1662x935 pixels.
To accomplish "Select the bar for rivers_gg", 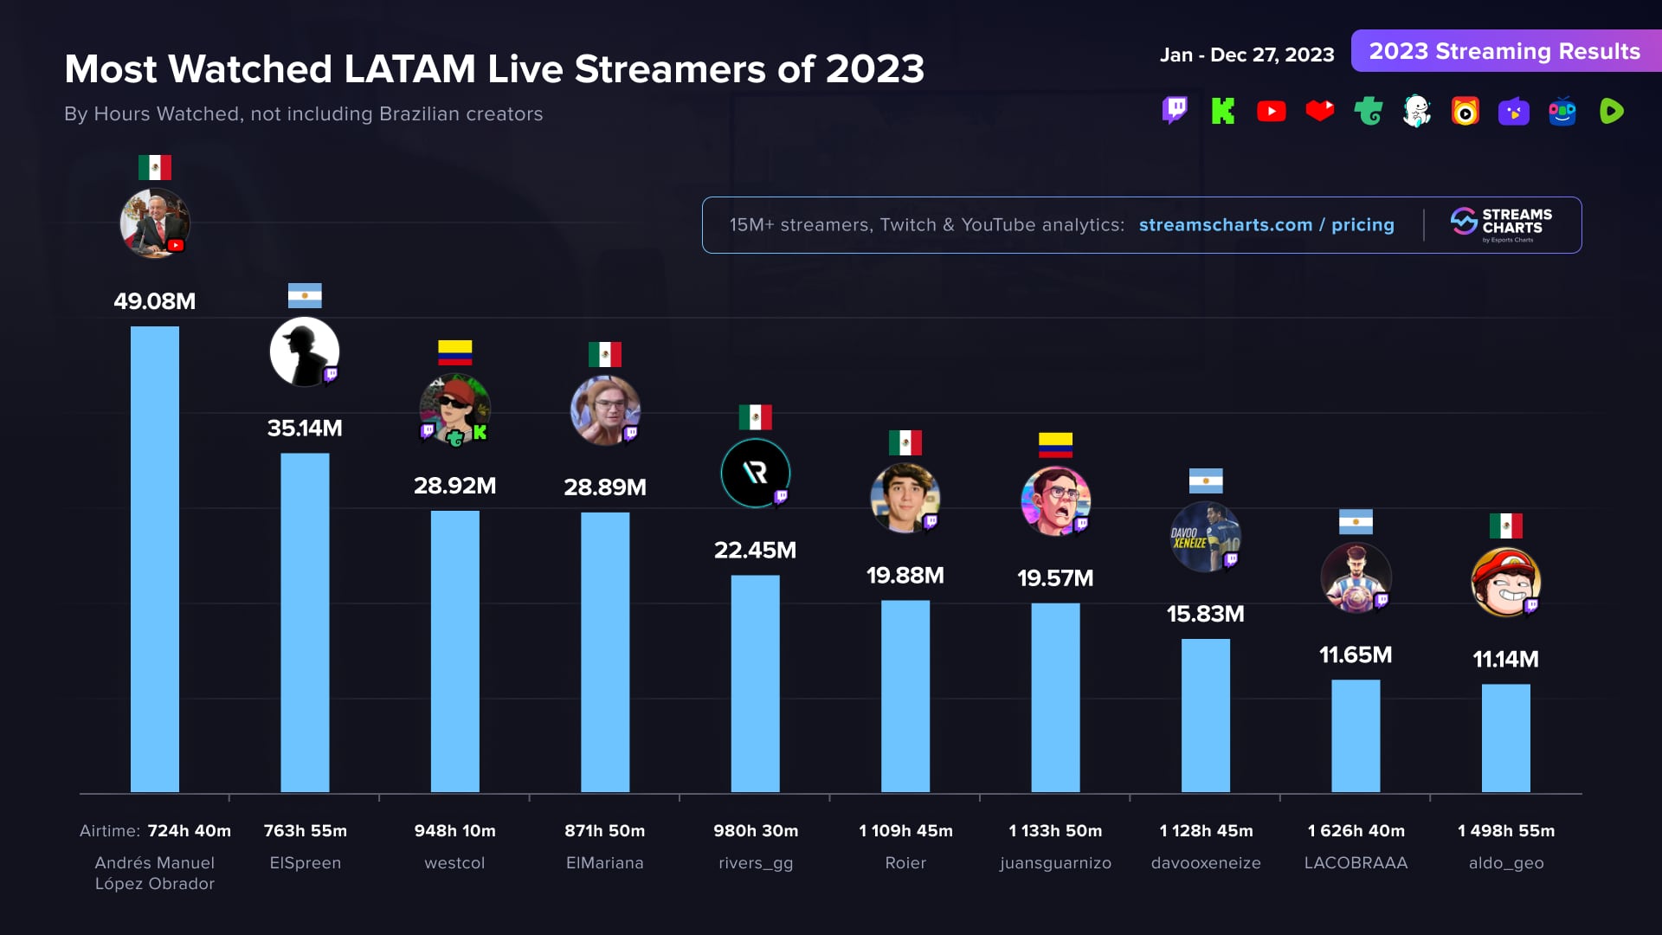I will click(x=755, y=683).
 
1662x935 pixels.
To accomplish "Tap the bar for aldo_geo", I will click(x=1505, y=738).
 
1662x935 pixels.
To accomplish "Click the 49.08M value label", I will click(x=155, y=301).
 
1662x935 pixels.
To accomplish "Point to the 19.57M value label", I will click(x=1055, y=578).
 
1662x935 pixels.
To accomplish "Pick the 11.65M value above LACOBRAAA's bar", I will click(x=1356, y=655).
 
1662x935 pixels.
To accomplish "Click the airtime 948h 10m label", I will click(x=454, y=831).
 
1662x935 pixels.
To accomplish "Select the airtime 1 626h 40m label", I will click(x=1356, y=831).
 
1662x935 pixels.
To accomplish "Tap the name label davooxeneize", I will click(x=1206, y=863).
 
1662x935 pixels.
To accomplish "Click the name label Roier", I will click(x=905, y=863).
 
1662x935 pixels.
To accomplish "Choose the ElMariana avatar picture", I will click(x=605, y=409).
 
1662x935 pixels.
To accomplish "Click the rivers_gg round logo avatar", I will click(x=755, y=473).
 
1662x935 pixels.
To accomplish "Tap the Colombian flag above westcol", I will click(x=454, y=352).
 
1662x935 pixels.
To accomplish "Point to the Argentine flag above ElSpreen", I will click(x=305, y=296).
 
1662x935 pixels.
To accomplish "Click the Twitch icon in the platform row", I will click(x=1175, y=111).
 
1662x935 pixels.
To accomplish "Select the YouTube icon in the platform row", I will click(x=1272, y=112).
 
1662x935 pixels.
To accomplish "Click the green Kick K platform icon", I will click(x=1223, y=111).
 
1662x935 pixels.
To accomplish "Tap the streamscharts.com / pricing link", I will click(x=1266, y=225).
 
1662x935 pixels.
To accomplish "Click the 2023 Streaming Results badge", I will click(x=1504, y=51).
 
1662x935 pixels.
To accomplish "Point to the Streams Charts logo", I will click(x=1502, y=224).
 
